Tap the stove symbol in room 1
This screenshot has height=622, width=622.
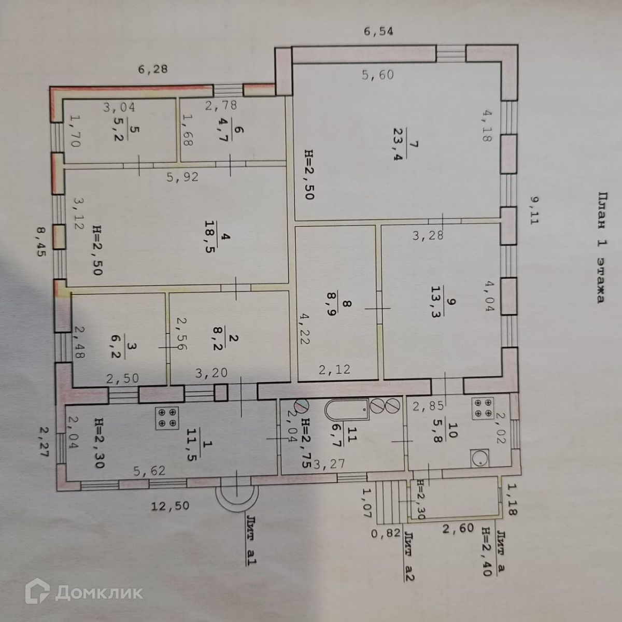pyautogui.click(x=168, y=417)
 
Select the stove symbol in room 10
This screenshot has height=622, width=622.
pyautogui.click(x=482, y=408)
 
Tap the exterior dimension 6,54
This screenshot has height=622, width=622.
pyautogui.click(x=378, y=32)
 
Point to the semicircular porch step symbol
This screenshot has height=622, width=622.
pyautogui.click(x=237, y=498)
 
